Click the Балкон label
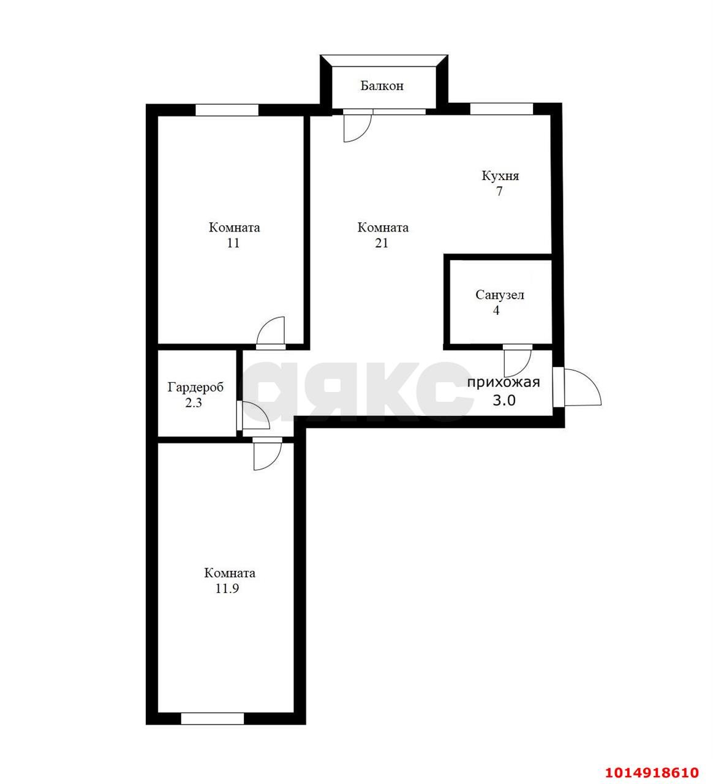[382, 86]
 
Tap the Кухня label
[500, 176]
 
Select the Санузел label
[500, 295]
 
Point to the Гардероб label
[195, 387]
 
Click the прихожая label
[504, 382]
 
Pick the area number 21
[382, 243]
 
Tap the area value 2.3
[194, 402]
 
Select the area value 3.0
[504, 400]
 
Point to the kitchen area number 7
[499, 192]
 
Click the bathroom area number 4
[496, 311]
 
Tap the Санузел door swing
[518, 361]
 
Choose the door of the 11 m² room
[271, 333]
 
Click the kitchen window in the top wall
[501, 108]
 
